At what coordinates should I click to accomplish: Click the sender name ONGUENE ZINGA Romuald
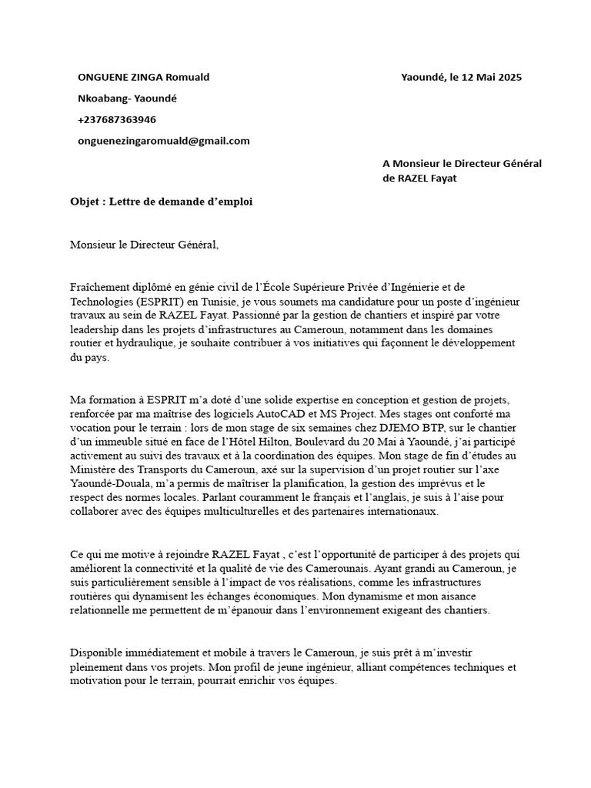[x=143, y=77]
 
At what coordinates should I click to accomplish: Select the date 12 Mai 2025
[x=489, y=77]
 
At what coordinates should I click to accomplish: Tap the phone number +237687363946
[x=117, y=119]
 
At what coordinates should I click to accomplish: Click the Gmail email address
[x=164, y=141]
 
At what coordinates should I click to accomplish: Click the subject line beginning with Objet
[x=161, y=202]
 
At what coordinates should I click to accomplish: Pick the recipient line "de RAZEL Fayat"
[x=425, y=179]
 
